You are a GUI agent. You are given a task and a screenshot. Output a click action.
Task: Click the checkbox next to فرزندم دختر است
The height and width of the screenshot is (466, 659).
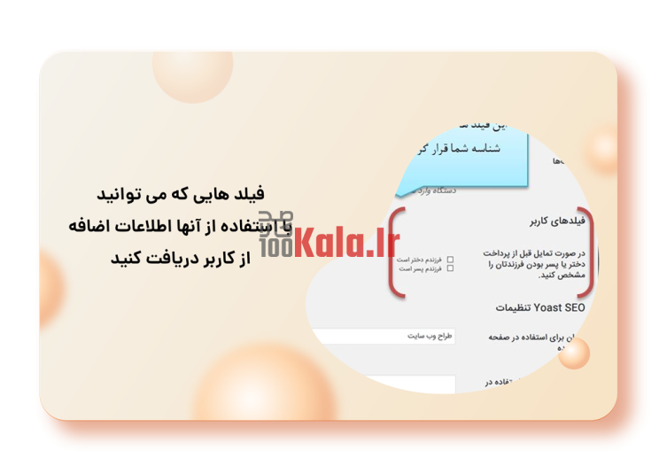pyautogui.click(x=451, y=260)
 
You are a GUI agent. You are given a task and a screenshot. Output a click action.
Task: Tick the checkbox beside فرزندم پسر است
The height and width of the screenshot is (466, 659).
pyautogui.click(x=451, y=268)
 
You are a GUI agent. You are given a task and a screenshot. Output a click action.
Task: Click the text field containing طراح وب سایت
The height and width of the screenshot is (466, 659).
pyautogui.click(x=384, y=337)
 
